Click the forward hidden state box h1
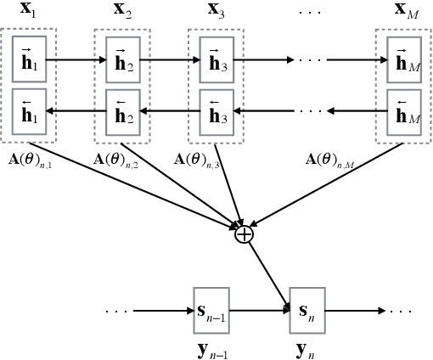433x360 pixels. tap(29, 61)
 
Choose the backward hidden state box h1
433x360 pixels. tap(29, 111)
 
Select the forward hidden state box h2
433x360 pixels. tap(123, 61)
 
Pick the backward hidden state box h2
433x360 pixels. tap(123, 111)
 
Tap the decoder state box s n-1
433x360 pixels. tap(211, 311)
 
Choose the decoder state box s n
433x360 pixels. tap(306, 311)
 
